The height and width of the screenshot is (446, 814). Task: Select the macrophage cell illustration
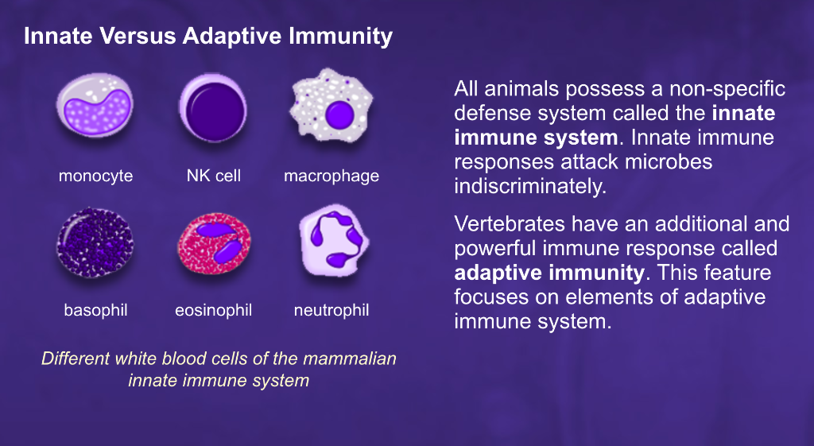click(x=330, y=111)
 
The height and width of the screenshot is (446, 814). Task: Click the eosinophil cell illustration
click(x=213, y=243)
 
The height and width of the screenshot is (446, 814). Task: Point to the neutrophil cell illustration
click(x=331, y=241)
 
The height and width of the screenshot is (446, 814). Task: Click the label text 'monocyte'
click(x=95, y=176)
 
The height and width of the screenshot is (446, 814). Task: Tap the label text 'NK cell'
click(x=213, y=176)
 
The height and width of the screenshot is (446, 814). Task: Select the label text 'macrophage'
click(x=331, y=176)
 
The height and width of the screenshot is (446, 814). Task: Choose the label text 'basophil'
click(x=95, y=309)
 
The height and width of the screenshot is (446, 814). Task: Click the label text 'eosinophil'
click(x=213, y=309)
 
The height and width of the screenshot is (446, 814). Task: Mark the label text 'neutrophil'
click(x=331, y=309)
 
